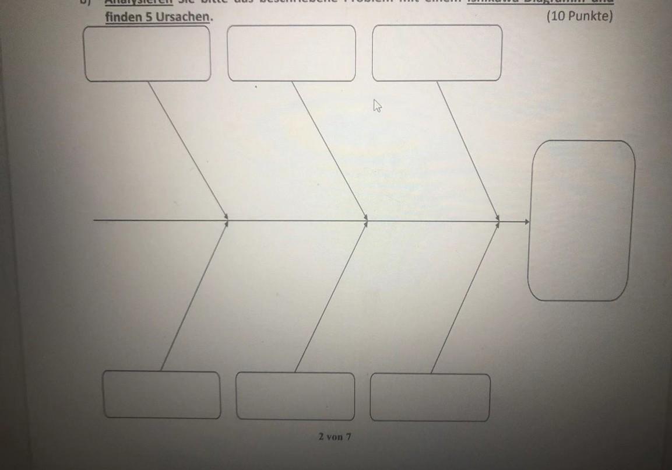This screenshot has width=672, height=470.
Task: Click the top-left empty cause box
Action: [147, 54]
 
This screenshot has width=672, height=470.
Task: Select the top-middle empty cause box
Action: [291, 53]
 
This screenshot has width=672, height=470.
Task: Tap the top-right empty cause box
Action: [437, 52]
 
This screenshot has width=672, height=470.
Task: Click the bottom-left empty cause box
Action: [162, 395]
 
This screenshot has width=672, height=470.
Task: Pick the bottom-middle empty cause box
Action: [295, 396]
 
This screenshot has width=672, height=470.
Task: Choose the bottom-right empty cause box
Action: [430, 397]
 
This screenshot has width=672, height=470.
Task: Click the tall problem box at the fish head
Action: [581, 220]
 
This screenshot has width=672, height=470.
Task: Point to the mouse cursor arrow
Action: [377, 106]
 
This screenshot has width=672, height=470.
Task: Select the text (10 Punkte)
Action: [579, 16]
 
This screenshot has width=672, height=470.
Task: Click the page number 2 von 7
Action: [335, 436]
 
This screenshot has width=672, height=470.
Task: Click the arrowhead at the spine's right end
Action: [527, 222]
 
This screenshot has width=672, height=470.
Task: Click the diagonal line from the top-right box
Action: [467, 150]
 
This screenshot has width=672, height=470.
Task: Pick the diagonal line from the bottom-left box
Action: [193, 296]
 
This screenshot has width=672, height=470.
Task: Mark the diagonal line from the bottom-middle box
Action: [330, 296]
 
